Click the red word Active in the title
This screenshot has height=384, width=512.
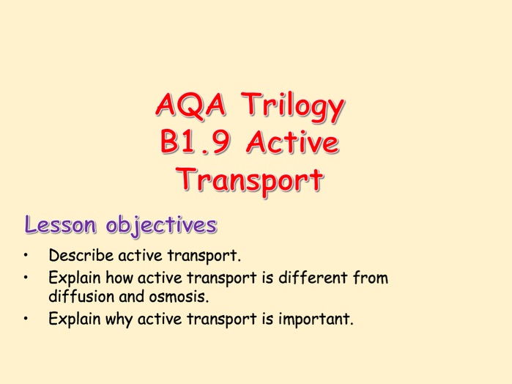coord(292,143)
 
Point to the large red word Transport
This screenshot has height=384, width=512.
coord(250,180)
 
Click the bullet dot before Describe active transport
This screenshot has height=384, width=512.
coord(26,256)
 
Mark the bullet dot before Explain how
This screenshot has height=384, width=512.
coord(26,278)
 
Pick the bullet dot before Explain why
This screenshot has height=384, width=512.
coord(26,319)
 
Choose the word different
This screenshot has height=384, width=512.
coord(311,278)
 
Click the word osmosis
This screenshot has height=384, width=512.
coord(178,297)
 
